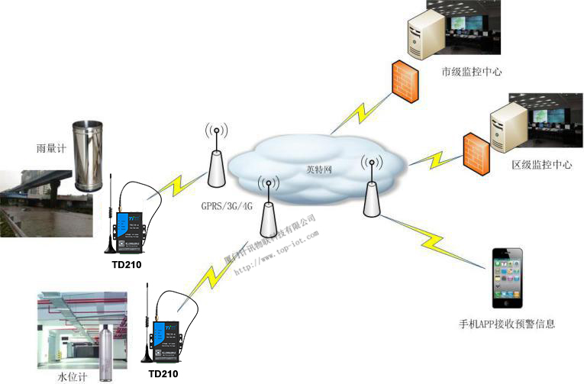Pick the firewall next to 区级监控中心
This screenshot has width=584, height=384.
(474, 151)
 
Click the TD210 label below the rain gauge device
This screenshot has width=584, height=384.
(126, 265)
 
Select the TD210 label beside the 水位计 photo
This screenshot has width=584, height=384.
(163, 374)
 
